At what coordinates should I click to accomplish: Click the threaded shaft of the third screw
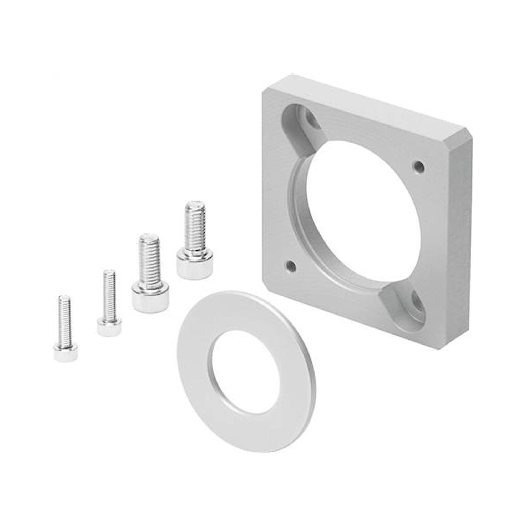pos(149,259)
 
